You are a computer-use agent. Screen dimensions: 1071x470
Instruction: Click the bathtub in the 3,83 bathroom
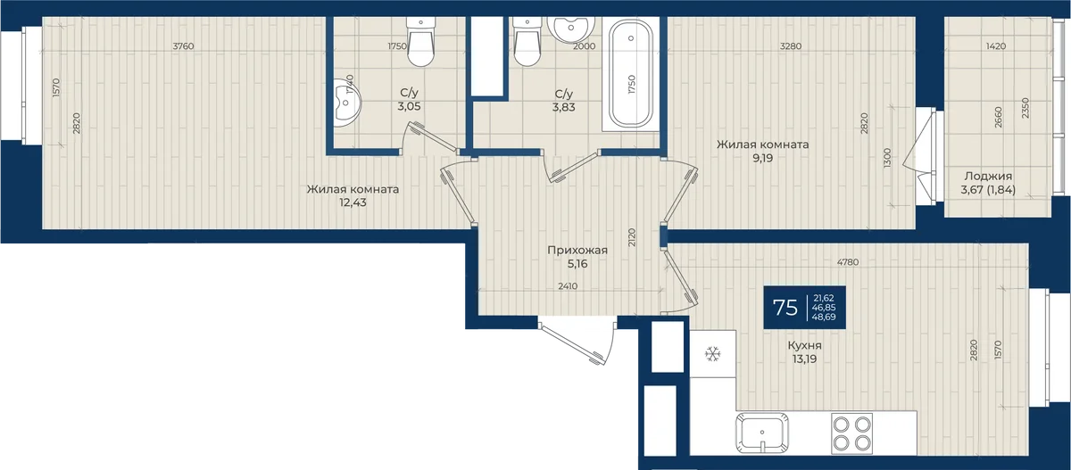click(631, 73)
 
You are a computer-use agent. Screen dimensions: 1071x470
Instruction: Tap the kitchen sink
click(762, 432)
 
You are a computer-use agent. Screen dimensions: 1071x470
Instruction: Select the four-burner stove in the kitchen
click(851, 433)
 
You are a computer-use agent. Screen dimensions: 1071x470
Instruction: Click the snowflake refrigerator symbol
click(712, 354)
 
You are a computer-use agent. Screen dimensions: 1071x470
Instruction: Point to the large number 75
click(785, 308)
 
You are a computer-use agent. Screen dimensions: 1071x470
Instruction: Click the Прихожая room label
click(577, 251)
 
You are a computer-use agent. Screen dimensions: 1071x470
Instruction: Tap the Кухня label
click(805, 345)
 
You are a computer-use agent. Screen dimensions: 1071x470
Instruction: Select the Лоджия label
click(988, 177)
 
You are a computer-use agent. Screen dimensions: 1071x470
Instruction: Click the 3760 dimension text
click(183, 46)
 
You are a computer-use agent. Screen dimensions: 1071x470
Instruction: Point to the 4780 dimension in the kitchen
click(848, 262)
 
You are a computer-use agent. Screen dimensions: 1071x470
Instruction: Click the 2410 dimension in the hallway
click(568, 286)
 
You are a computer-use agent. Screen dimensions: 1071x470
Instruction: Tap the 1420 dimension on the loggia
click(996, 46)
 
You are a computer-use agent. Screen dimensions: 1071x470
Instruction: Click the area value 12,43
click(353, 202)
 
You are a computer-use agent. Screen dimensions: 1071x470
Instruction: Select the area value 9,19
click(762, 158)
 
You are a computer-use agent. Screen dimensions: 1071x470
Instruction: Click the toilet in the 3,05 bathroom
click(420, 42)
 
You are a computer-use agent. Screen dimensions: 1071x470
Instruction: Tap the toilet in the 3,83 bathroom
click(527, 42)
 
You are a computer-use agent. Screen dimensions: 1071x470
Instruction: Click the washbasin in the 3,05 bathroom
click(346, 103)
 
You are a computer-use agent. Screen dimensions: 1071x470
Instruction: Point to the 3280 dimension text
click(791, 46)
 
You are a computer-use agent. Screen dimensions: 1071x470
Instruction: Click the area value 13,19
click(805, 359)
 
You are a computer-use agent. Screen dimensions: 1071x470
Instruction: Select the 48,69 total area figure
click(824, 317)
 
